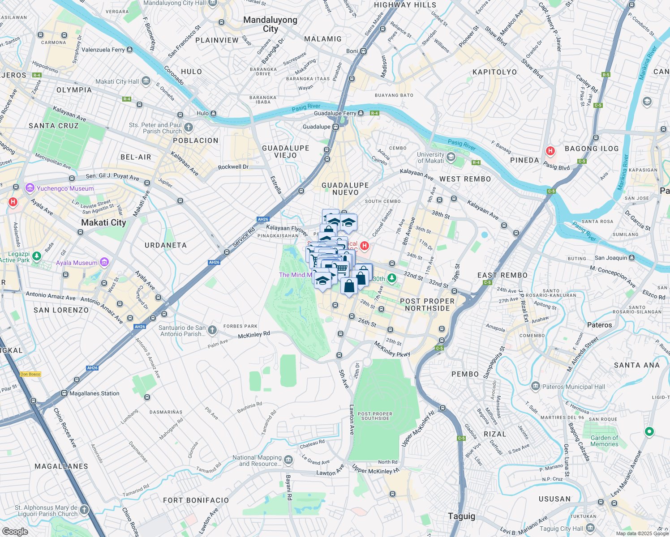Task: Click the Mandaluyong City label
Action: [270, 24]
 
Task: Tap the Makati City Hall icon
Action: [146, 81]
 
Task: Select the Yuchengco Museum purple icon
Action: [30, 188]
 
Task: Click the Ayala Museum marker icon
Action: [104, 262]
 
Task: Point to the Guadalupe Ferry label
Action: [335, 113]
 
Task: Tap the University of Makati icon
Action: [451, 157]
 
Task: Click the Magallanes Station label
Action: [94, 393]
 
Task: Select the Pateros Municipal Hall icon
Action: [535, 386]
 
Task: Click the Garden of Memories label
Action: [604, 441]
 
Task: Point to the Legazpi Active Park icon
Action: [37, 256]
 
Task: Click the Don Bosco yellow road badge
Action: [30, 374]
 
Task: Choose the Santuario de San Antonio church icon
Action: [212, 330]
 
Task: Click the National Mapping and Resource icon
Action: [288, 460]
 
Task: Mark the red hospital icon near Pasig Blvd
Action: [550, 151]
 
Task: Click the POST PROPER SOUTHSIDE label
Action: [375, 416]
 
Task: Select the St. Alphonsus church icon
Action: [84, 510]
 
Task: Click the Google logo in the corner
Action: [15, 532]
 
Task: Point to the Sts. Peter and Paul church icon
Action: [189, 128]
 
